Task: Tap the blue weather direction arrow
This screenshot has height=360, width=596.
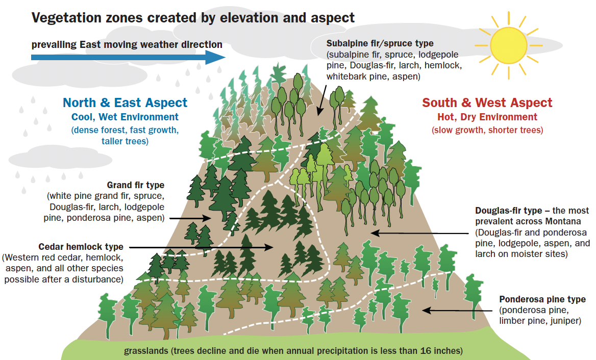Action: pos(128,57)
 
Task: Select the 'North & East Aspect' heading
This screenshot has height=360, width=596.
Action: pos(125,103)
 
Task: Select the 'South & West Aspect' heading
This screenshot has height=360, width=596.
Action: pos(487,103)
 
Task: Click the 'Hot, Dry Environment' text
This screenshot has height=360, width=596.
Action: pos(487,117)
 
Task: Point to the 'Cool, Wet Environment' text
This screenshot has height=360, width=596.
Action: pos(125,117)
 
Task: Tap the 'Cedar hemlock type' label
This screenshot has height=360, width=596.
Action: pos(81,247)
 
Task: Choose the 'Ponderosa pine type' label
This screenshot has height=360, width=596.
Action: pos(542,299)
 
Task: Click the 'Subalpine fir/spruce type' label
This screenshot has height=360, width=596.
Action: pos(380,44)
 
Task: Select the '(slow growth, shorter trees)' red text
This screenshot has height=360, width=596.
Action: pos(487,130)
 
